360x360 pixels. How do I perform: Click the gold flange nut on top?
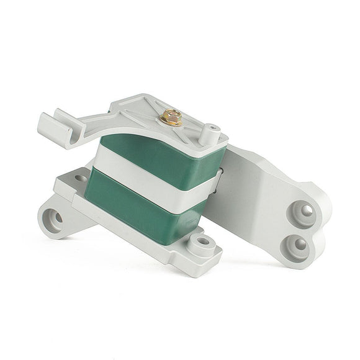(x=171, y=117)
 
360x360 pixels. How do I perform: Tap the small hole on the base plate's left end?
(x=81, y=178)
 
